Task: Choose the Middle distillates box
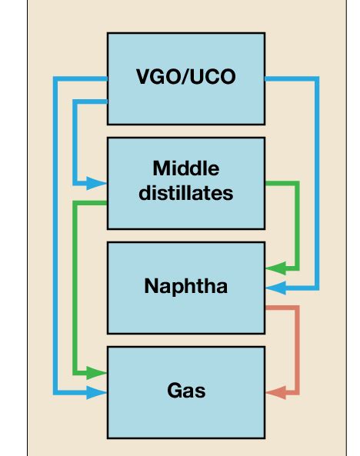(x=185, y=204)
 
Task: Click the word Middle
(x=185, y=169)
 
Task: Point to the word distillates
(x=185, y=193)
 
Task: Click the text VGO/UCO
(x=185, y=78)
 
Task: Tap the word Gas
(x=185, y=391)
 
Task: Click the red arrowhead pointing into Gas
(x=274, y=393)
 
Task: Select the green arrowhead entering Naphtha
(x=275, y=268)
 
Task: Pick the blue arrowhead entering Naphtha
(x=275, y=288)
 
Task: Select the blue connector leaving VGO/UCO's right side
(x=316, y=185)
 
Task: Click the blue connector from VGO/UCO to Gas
(x=55, y=231)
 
